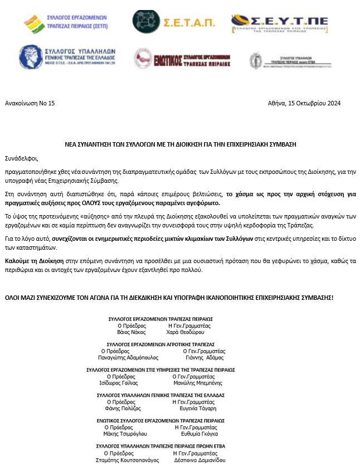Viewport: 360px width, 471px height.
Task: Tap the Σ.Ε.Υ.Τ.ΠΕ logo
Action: [x=279, y=23]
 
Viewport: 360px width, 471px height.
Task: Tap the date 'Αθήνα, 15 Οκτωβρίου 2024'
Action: [x=304, y=103]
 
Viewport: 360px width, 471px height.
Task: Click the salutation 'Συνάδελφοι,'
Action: [x=22, y=157]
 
